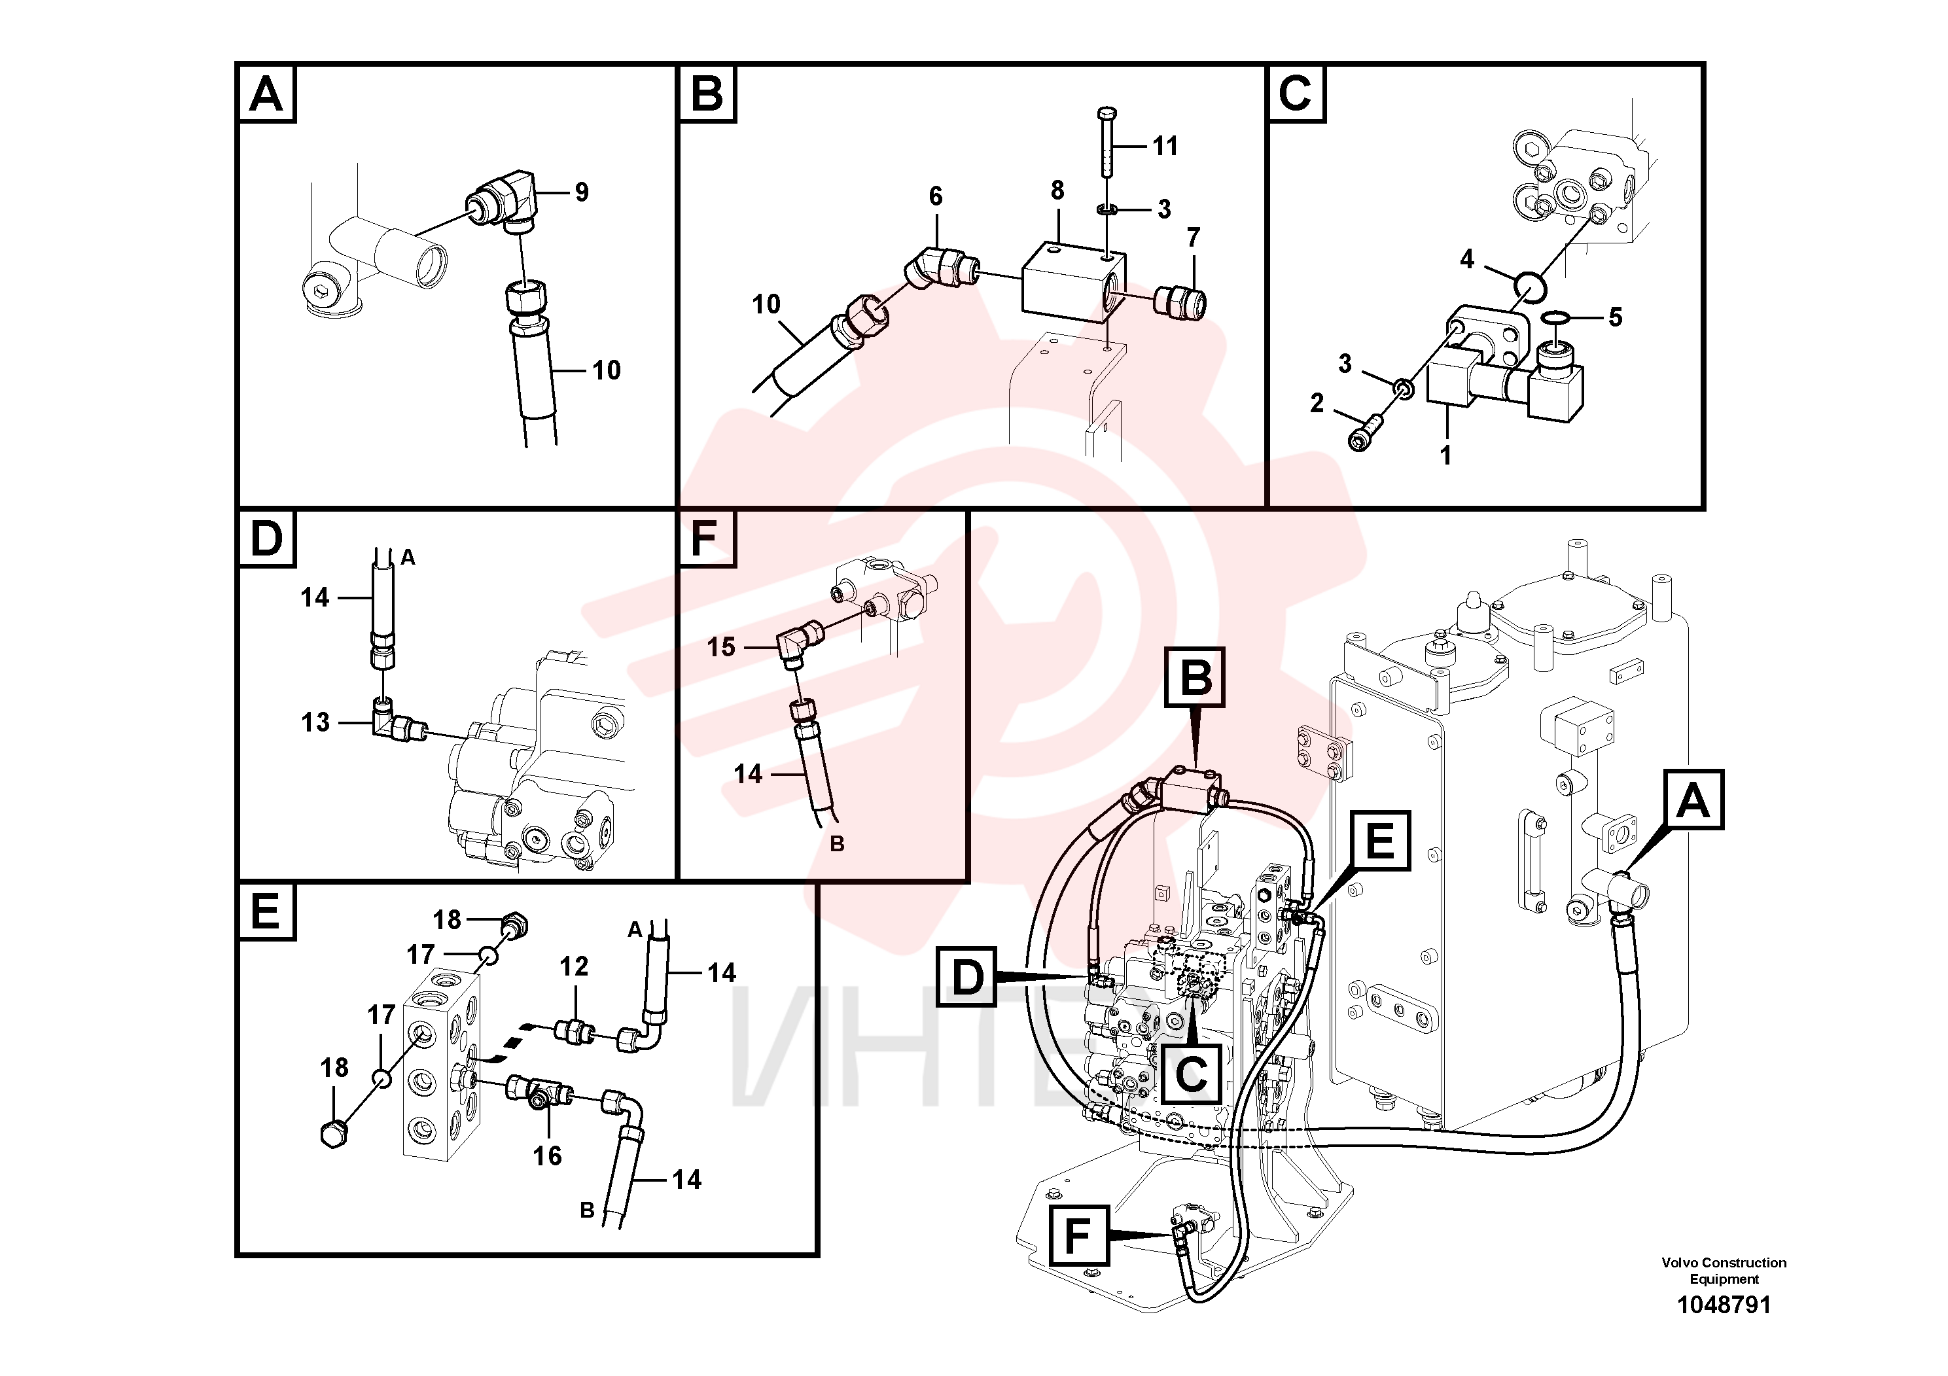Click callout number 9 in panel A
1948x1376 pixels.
[x=581, y=192]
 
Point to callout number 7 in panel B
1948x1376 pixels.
[x=1194, y=238]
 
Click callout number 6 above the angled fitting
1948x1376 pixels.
[x=936, y=196]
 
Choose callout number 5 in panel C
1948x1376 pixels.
[x=1616, y=317]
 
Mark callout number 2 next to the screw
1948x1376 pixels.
[x=1317, y=403]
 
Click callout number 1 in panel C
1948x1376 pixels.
[x=1445, y=455]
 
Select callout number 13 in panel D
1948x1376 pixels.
[x=315, y=723]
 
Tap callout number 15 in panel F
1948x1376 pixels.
[x=721, y=647]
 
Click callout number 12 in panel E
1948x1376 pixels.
[x=574, y=966]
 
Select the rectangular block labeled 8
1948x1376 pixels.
[x=1074, y=281]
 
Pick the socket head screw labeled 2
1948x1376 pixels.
[x=1365, y=432]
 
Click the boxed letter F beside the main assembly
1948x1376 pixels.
[x=1078, y=1235]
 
